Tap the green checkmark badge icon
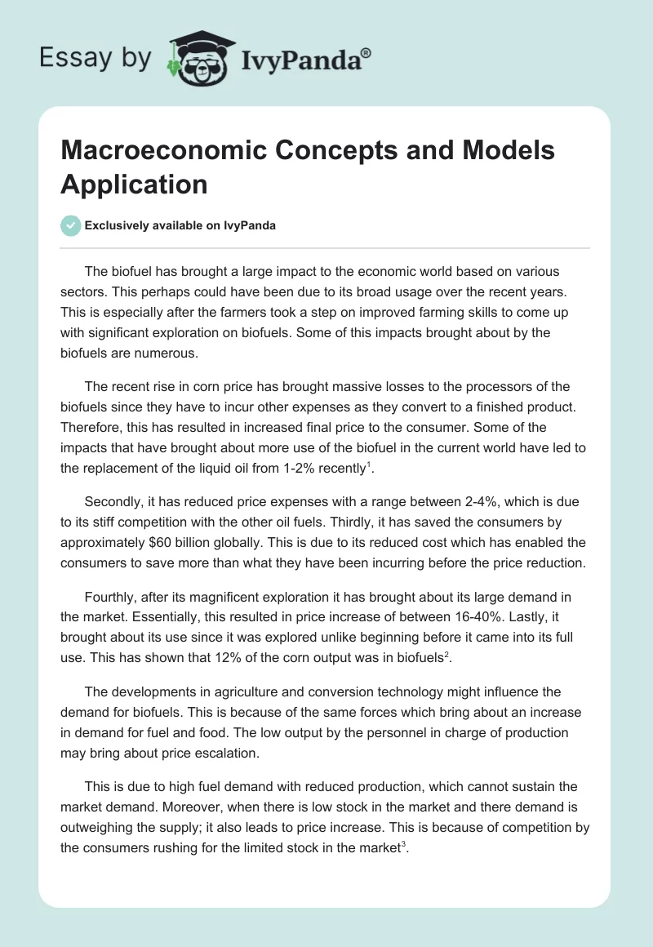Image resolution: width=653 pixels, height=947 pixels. tap(71, 225)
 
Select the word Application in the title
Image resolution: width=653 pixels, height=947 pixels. tap(134, 184)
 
